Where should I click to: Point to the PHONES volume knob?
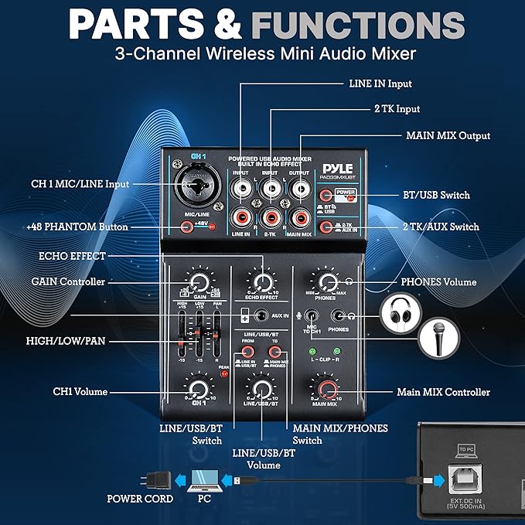point(329,281)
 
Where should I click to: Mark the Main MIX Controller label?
point(443,392)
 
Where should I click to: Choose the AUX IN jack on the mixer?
point(264,315)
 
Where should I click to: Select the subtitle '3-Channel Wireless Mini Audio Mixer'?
point(262,54)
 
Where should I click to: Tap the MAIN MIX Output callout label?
point(448,135)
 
